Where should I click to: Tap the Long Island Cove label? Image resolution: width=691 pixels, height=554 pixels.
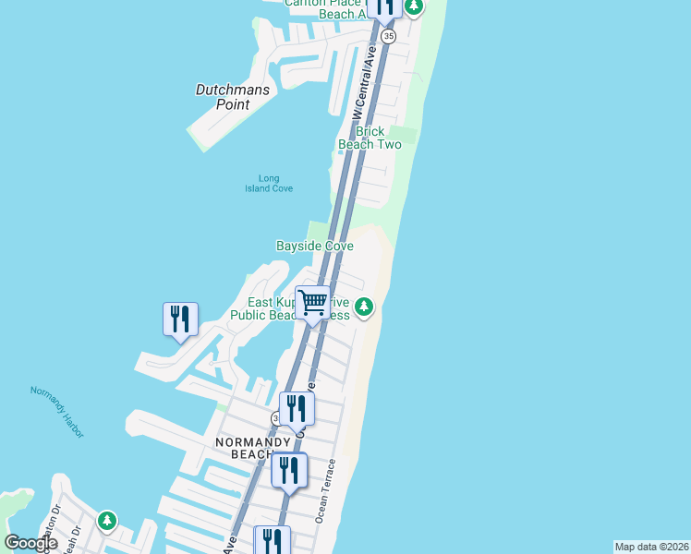[x=269, y=184]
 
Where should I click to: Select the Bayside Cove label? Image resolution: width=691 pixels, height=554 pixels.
[x=315, y=246]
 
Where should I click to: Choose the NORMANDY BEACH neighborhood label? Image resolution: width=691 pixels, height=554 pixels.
[x=253, y=449]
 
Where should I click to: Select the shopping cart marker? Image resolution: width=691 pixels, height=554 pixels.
[x=313, y=303]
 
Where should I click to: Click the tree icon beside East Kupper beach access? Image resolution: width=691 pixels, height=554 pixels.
[x=364, y=307]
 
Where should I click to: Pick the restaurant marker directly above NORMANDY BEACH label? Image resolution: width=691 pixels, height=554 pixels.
[x=297, y=408]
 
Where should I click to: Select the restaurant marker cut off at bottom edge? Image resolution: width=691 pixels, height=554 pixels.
[x=272, y=540]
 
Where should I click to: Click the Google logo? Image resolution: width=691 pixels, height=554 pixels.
[x=30, y=543]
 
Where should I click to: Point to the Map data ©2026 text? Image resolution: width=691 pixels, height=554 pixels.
[x=651, y=547]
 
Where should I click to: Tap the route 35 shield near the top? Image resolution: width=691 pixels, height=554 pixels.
[x=388, y=36]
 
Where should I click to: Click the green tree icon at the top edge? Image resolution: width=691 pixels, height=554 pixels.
[x=414, y=6]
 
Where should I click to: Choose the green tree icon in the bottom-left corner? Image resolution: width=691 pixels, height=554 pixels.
[x=107, y=521]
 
